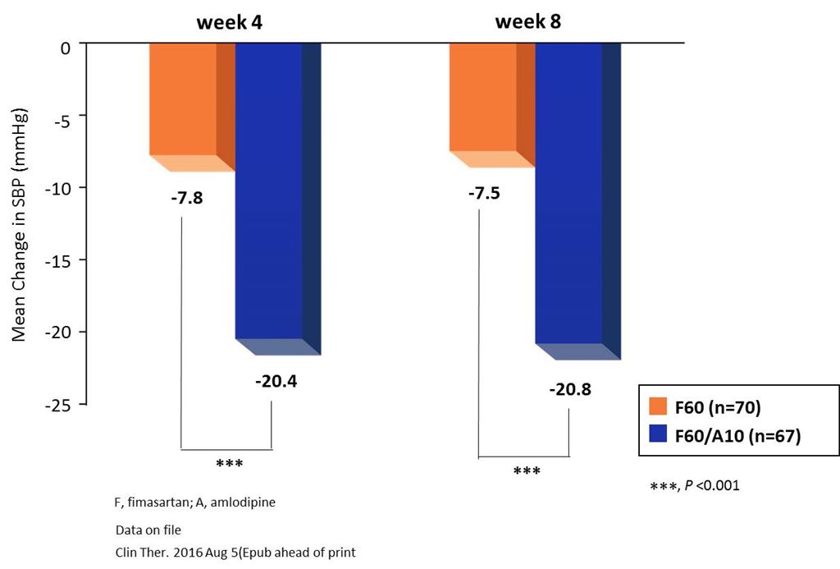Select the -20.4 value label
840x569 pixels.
(x=272, y=382)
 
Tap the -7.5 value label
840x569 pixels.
(x=484, y=194)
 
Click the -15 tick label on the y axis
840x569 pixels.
(x=62, y=260)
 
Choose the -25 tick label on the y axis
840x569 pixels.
(x=62, y=405)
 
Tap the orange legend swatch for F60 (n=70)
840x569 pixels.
(x=659, y=406)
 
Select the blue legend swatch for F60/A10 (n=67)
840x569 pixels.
(x=659, y=435)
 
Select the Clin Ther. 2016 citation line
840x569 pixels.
(x=235, y=552)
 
